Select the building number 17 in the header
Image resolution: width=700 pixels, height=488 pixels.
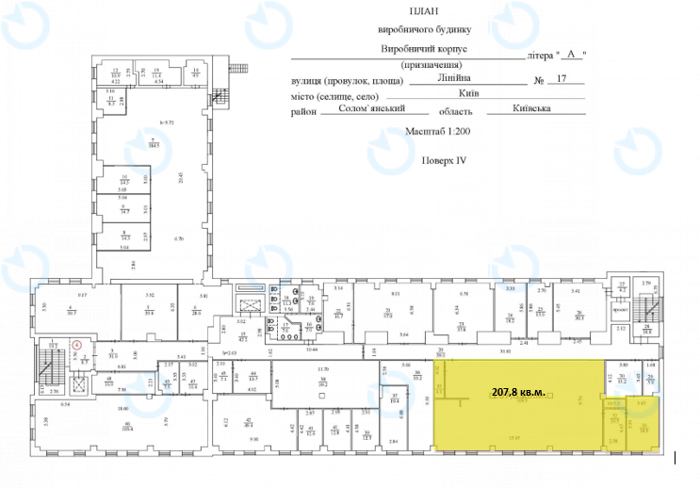(564, 81)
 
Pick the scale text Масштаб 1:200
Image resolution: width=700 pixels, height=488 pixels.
(436, 134)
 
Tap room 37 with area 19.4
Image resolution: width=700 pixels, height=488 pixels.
(396, 399)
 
